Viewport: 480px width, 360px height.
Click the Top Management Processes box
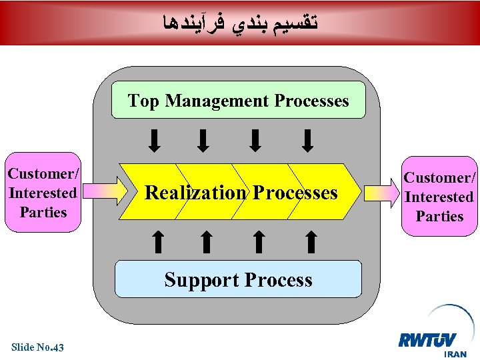point(238,100)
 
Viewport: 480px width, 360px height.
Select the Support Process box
point(238,279)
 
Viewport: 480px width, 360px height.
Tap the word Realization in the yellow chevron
point(195,193)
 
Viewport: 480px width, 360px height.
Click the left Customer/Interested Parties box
point(43,193)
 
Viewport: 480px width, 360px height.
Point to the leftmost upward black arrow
point(157,241)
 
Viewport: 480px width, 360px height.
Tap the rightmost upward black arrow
point(311,241)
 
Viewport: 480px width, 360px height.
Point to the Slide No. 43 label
point(37,347)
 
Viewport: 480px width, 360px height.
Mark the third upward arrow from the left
point(259,241)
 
